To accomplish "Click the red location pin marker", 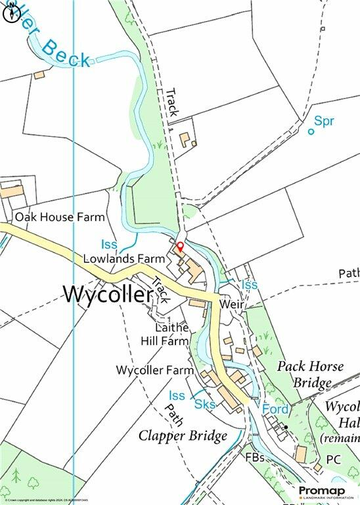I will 180,247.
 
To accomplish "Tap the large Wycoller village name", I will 108,295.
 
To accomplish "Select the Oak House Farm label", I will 60,216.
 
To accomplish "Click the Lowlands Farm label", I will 124,258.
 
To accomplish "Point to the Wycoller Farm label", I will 152,370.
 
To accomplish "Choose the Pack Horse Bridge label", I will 310,374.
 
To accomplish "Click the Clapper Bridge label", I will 183,435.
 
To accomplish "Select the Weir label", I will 232,305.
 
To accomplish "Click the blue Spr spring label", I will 324,121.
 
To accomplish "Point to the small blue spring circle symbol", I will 311,132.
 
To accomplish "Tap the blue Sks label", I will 205,405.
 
